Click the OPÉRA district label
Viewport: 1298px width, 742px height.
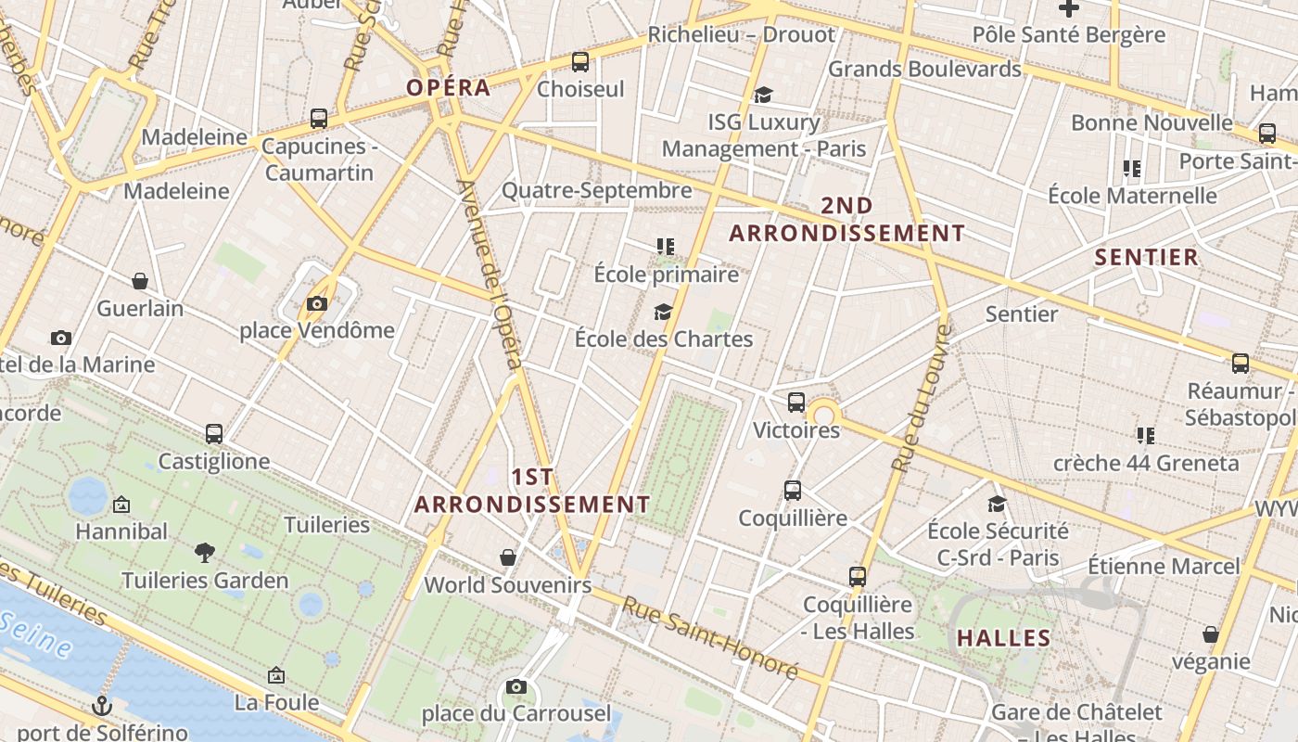[449, 88]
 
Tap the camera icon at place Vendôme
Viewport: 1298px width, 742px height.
[317, 303]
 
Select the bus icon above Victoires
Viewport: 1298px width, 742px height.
[796, 403]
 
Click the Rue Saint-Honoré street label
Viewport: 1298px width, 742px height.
[708, 639]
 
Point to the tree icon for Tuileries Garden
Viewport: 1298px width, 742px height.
[205, 554]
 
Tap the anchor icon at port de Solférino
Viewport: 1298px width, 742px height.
[102, 706]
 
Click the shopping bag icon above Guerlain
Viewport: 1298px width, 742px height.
[140, 281]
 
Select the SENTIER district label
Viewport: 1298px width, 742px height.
[1147, 258]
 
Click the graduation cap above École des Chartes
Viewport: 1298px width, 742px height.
[663, 312]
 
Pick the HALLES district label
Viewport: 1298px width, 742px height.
[1004, 638]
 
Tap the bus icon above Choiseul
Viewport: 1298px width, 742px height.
[580, 62]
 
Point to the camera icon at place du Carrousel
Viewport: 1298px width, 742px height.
[516, 687]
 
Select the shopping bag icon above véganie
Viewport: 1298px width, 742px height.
[1211, 634]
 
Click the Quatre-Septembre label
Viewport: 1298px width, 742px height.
[596, 190]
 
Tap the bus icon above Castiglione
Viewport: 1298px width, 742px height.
[214, 434]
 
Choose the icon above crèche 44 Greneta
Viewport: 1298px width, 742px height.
[1145, 435]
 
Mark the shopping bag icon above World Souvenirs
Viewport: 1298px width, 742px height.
[508, 557]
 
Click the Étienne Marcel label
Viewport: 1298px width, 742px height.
[1164, 566]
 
